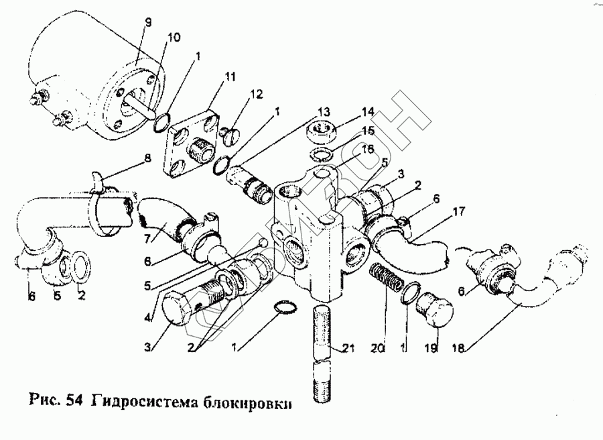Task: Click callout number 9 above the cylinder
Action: (x=149, y=23)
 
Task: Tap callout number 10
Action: (x=174, y=38)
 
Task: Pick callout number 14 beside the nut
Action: (x=367, y=112)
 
